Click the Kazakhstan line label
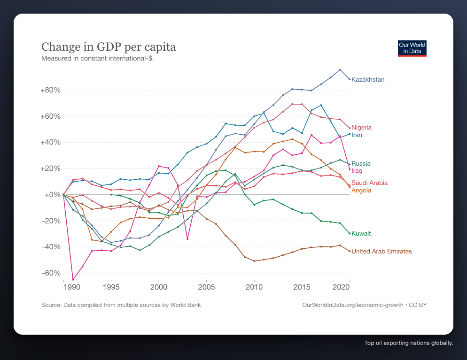coord(368,80)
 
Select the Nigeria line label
coord(361,128)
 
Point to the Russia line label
coord(361,164)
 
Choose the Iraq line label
coord(357,171)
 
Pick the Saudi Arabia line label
coord(369,183)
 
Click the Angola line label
coord(361,191)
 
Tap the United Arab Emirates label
coord(381,252)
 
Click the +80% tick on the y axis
coord(51,90)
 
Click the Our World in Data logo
coord(412,48)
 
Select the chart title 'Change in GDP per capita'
coord(109,47)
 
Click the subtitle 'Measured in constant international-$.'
coord(98,59)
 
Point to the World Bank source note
coord(121,305)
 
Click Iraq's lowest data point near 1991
coord(73,280)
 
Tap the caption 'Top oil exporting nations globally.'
coord(408,343)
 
